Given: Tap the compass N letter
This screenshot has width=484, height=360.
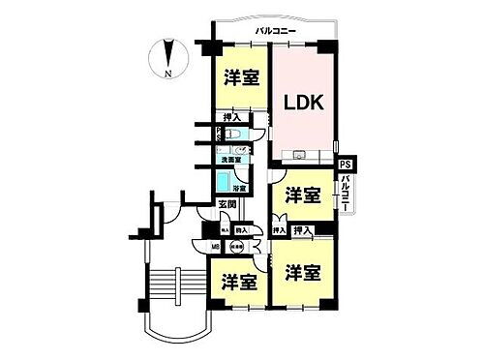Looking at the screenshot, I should click(168, 75).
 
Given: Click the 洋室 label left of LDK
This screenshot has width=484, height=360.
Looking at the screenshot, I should click(241, 78).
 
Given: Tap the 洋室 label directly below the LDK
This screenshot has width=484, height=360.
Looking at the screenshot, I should click(302, 195).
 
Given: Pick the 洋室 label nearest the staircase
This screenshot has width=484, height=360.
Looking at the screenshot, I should click(237, 282).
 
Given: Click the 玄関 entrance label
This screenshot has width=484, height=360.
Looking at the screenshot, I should click(227, 205).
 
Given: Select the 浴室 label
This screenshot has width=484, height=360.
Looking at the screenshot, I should click(241, 188).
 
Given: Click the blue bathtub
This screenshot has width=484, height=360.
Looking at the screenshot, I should click(224, 181).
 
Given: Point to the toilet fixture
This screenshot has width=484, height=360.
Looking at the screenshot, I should click(230, 136).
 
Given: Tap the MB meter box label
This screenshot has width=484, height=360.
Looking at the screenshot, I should click(216, 247).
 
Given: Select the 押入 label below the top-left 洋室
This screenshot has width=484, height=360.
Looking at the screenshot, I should click(233, 117).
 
